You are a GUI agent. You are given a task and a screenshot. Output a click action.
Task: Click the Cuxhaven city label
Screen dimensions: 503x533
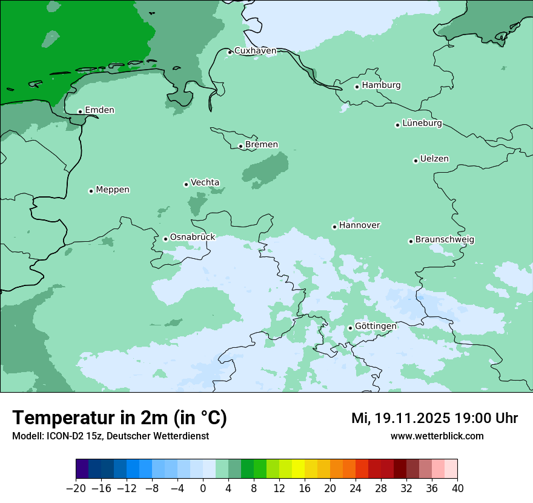click(255, 51)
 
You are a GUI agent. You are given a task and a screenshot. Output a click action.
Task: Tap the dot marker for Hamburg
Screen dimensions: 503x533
click(357, 87)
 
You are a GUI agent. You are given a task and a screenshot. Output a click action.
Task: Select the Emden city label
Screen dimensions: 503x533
click(99, 110)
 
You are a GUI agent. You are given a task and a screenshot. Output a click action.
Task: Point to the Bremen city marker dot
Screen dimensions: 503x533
click(240, 146)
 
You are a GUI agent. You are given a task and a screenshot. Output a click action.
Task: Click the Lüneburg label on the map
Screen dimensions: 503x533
click(422, 123)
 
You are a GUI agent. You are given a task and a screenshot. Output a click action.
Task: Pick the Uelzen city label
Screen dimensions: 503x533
click(434, 159)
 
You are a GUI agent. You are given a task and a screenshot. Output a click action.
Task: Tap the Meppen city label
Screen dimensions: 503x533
click(113, 190)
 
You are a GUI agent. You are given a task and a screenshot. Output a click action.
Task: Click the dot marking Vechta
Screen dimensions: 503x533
click(187, 184)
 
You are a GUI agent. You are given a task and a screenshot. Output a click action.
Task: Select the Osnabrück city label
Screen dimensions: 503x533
click(193, 237)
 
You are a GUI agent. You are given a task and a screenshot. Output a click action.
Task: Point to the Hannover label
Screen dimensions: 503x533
click(359, 225)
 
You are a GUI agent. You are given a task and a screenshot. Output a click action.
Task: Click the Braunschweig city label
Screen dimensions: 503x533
click(445, 239)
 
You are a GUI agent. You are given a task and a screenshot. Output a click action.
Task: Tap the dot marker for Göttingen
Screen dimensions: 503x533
click(350, 328)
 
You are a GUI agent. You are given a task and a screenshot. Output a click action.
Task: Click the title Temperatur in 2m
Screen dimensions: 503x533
click(119, 418)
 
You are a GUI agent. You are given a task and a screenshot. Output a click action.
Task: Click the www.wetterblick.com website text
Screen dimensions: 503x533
click(437, 436)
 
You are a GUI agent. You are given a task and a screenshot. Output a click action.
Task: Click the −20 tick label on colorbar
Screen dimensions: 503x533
click(76, 488)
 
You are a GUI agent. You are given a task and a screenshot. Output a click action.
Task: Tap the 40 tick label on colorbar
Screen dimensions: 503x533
click(457, 488)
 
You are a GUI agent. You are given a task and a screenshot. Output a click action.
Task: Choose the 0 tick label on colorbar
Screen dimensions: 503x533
click(203, 488)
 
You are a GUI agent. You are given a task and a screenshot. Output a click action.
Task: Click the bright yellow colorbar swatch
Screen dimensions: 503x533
click(298, 469)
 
